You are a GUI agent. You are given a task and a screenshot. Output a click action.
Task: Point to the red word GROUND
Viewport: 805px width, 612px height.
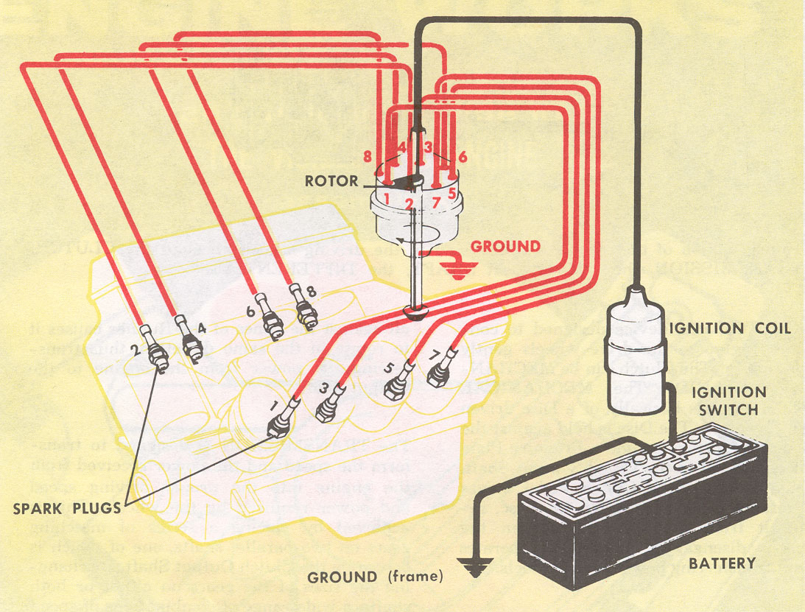pyautogui.click(x=505, y=246)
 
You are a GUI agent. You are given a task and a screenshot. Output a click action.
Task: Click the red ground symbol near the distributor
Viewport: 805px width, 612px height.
pyautogui.click(x=459, y=270)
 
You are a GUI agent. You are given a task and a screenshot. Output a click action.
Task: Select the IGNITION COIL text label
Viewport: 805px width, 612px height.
pyautogui.click(x=729, y=328)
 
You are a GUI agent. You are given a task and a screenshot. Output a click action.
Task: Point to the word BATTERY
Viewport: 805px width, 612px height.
pyautogui.click(x=722, y=563)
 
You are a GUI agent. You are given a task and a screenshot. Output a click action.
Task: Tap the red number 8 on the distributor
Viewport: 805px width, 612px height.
pyautogui.click(x=367, y=156)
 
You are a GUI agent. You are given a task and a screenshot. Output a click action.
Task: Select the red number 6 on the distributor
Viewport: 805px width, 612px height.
pyautogui.click(x=462, y=156)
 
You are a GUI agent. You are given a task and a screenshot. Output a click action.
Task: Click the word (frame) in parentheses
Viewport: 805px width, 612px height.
pyautogui.click(x=415, y=577)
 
